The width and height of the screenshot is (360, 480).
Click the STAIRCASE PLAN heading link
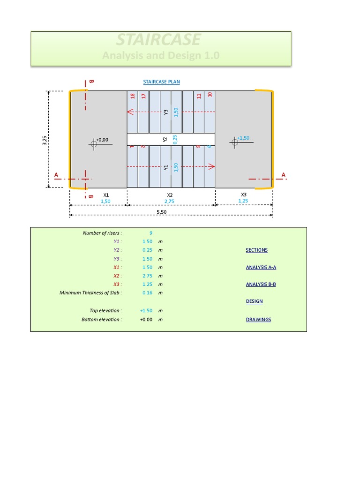(x=161, y=82)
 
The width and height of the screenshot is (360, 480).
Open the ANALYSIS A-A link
(x=261, y=267)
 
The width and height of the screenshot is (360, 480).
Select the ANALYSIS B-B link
(x=261, y=284)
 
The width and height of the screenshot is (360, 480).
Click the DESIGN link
(x=254, y=301)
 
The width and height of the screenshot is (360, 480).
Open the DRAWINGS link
(x=258, y=320)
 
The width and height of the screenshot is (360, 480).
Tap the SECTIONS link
(x=256, y=250)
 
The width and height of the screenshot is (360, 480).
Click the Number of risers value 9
(x=150, y=232)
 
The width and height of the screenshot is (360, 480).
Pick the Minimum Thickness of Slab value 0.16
(x=147, y=293)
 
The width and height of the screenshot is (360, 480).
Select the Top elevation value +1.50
(x=146, y=311)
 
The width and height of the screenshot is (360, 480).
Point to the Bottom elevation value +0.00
(x=146, y=320)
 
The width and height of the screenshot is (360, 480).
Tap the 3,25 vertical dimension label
(x=45, y=139)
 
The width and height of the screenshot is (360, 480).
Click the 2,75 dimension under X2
(x=170, y=201)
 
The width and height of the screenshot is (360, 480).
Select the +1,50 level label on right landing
(x=243, y=138)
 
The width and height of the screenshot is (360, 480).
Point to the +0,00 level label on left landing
(x=102, y=140)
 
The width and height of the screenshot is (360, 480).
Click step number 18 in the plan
(x=133, y=96)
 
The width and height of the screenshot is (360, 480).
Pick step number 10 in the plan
(x=210, y=94)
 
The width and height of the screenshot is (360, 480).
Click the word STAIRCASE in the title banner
(x=158, y=39)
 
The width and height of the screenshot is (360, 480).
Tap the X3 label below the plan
(x=244, y=195)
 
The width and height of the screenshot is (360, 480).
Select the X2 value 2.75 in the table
(x=147, y=276)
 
